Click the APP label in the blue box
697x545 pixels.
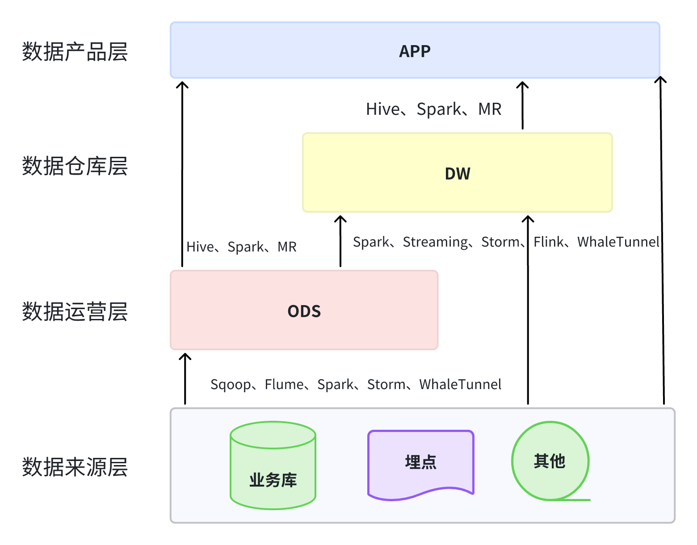tap(415, 51)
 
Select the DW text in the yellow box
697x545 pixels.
tap(458, 173)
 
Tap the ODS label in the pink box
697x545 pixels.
tap(304, 311)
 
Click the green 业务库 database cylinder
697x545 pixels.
tap(273, 466)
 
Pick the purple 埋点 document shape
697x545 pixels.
tap(420, 463)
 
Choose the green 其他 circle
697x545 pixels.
tap(550, 461)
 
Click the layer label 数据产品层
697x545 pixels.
tap(75, 52)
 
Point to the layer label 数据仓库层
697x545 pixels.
tap(75, 166)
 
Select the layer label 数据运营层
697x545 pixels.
tap(75, 311)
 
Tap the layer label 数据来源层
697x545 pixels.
tap(75, 467)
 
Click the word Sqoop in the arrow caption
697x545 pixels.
tap(230, 385)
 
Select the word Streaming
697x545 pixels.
tap(435, 242)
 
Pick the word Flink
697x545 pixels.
tap(549, 242)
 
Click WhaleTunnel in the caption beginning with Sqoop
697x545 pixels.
tap(460, 385)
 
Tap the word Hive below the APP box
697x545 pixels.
tap(382, 109)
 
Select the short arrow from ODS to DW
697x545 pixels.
tap(340, 241)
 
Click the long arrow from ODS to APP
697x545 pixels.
tap(182, 174)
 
